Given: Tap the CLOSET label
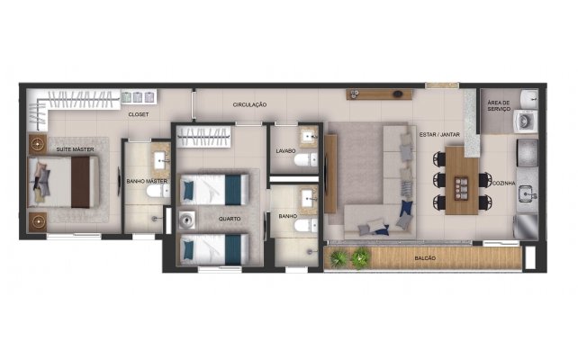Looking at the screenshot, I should pos(138,114).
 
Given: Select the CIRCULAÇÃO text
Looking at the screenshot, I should pos(249,104).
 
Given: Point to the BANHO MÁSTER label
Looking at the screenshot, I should pos(145,180).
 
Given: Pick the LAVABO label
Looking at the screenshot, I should pos(286,150).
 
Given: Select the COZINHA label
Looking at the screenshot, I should pos(504,183).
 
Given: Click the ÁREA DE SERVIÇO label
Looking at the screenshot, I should pos(500,106).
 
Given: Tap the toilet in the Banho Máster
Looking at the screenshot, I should pos(155,190).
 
